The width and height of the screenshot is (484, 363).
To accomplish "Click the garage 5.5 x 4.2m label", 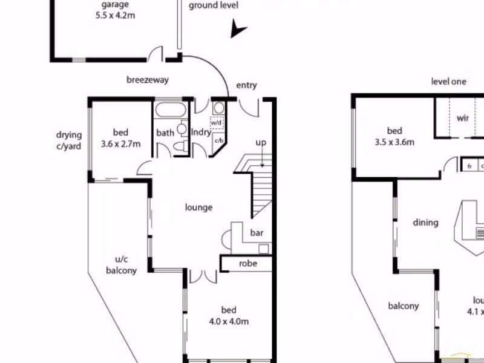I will [x=114, y=10].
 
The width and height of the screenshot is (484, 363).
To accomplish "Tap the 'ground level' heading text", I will [x=214, y=5].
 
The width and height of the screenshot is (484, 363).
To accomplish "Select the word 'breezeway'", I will [x=147, y=80].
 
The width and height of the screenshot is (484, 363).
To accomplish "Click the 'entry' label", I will [x=246, y=85].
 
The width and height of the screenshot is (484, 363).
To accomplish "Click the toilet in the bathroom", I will [x=180, y=145].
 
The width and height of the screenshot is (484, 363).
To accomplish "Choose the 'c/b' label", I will [x=219, y=140].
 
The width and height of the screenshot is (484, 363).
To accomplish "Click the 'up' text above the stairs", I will [x=261, y=143].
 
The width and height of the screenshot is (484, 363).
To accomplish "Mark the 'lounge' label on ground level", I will [x=198, y=208].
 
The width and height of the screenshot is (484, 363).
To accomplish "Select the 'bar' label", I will [x=257, y=232].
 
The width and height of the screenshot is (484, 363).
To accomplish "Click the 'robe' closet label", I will [x=247, y=264].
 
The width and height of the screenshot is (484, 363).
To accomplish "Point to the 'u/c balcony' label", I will [x=121, y=264].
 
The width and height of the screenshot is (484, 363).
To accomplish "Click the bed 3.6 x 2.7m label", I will [x=120, y=139].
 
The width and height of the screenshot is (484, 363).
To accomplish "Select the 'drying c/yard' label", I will [x=69, y=140].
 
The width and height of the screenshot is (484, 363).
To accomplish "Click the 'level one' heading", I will [x=448, y=81].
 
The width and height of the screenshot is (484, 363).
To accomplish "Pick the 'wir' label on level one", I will [x=463, y=119].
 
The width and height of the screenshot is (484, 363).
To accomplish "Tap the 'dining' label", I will [x=425, y=223].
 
